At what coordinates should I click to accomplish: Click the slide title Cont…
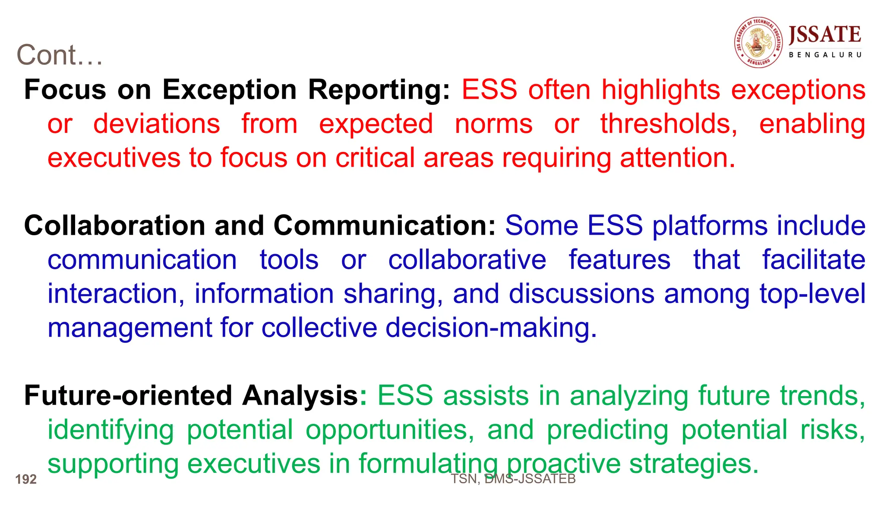click(x=60, y=55)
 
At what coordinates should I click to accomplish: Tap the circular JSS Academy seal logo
click(x=758, y=42)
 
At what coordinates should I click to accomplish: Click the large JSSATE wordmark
click(x=825, y=35)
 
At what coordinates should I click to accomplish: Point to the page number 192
click(x=26, y=479)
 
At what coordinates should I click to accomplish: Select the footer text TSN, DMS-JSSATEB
click(x=513, y=479)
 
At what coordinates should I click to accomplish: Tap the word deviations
click(x=157, y=124)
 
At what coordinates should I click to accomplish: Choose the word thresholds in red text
click(x=669, y=124)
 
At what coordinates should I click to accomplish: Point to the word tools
click(x=289, y=260)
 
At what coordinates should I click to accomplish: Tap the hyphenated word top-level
click(x=812, y=294)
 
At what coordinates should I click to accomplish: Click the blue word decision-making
click(x=491, y=327)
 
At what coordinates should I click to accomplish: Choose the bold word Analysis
click(x=300, y=396)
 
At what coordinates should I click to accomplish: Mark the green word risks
click(x=833, y=430)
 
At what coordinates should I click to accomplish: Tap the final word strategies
click(x=693, y=464)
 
